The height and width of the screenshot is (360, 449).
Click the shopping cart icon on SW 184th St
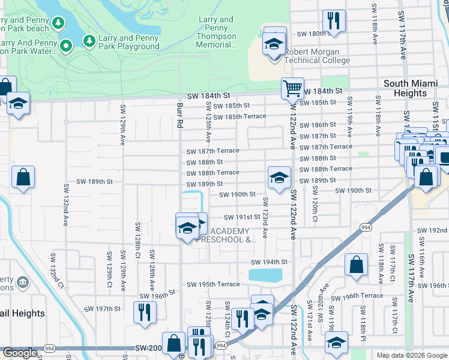[x=292, y=88]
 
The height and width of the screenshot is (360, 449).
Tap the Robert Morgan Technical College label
[x=317, y=56]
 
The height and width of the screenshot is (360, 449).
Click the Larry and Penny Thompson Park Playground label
[x=129, y=42]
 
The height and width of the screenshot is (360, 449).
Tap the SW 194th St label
[x=269, y=262]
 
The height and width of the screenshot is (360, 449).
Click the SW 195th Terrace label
[x=213, y=284]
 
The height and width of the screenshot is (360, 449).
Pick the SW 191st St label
[x=242, y=217]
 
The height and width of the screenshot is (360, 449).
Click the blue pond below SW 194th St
[x=265, y=275]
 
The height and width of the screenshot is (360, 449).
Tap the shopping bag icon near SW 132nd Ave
[x=23, y=177]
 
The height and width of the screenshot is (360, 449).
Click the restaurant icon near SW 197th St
[x=145, y=313]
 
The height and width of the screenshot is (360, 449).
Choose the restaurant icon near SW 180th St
[x=333, y=20]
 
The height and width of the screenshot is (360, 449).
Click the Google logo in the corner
[x=20, y=353]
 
